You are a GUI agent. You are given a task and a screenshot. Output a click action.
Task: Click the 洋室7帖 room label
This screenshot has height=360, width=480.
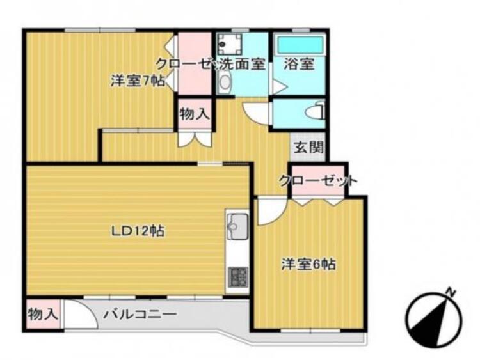coord(138,81)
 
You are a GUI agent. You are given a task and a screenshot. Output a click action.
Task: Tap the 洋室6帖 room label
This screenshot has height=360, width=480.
coord(309,263)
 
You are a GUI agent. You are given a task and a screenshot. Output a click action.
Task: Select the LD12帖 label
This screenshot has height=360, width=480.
coord(138,231)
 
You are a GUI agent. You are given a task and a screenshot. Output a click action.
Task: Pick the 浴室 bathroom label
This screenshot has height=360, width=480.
coord(300,64)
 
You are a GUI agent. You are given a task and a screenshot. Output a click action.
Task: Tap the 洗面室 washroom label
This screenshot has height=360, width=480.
coord(242,64)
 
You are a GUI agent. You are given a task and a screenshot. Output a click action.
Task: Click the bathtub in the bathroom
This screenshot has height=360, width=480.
coord(300,45)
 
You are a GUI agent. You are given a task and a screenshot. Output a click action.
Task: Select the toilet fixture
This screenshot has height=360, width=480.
coord(316,113)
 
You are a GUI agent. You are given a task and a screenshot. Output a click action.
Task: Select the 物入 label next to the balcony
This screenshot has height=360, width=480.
coord(43,314)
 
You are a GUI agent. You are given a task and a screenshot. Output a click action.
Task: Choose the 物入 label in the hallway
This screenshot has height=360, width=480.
coord(194,114)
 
